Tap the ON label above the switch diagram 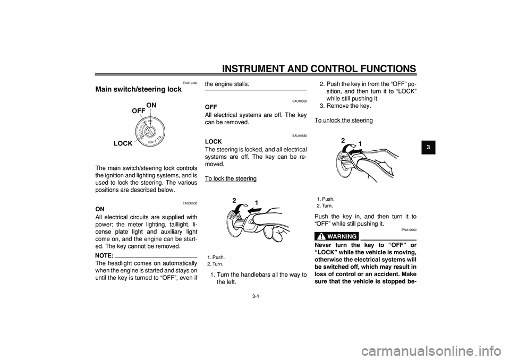point(151,105)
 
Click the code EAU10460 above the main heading point(189,83)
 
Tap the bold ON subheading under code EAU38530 point(100,209)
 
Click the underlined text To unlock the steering point(343,121)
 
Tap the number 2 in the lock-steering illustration point(234,200)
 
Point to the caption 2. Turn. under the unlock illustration point(325,205)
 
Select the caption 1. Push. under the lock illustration point(216,257)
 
